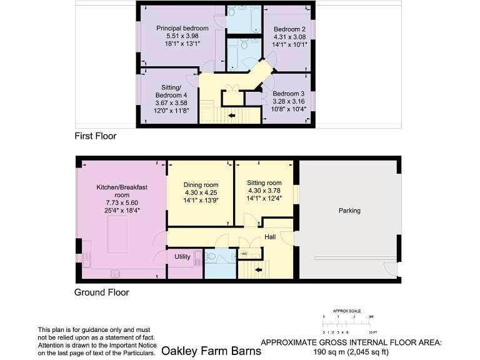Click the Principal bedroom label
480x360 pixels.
tap(182, 28)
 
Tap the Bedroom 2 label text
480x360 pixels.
tap(289, 29)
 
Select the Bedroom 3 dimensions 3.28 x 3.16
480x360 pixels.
tap(287, 101)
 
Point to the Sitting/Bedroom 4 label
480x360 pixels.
tap(171, 91)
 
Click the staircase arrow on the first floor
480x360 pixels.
tap(232, 116)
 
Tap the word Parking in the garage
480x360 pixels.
tap(349, 211)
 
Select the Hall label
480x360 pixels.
tap(270, 237)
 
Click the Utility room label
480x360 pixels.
tap(182, 257)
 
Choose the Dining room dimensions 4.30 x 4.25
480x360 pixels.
tap(201, 192)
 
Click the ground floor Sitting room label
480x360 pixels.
tap(265, 182)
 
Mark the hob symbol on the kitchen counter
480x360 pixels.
tap(115, 272)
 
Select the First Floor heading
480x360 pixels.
tap(95, 136)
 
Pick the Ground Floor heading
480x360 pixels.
tap(102, 292)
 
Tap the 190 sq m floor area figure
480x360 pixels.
tap(350, 352)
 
